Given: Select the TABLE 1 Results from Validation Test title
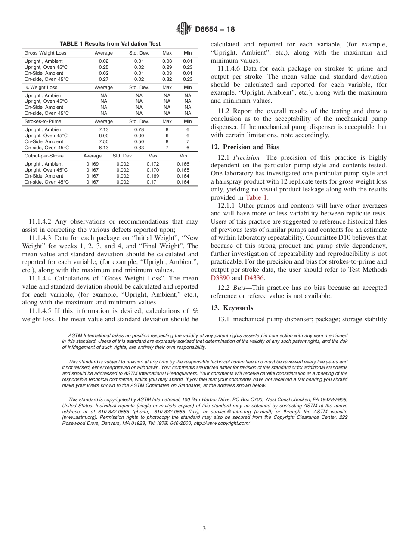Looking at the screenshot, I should click(110, 44).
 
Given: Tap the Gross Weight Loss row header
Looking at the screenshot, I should click(45, 53).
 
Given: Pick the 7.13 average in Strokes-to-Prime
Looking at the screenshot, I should click(104, 129).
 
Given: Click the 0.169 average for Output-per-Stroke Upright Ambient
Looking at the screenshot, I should click(92, 164).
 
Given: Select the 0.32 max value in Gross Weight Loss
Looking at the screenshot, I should click(167, 79).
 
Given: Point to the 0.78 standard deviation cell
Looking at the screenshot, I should click(139, 129).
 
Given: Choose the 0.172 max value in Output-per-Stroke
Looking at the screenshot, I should click(153, 164).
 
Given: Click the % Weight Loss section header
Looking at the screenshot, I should click(41, 87).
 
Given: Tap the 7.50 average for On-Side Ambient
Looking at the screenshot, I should click(104, 141).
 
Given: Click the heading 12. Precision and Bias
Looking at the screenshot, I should click(245, 147).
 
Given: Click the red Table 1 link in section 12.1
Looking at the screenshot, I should click(256, 198).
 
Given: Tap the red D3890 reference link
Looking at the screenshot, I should click(220, 278).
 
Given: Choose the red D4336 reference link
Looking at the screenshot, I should click(254, 278).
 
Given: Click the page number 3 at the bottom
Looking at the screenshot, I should click(204, 528).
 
